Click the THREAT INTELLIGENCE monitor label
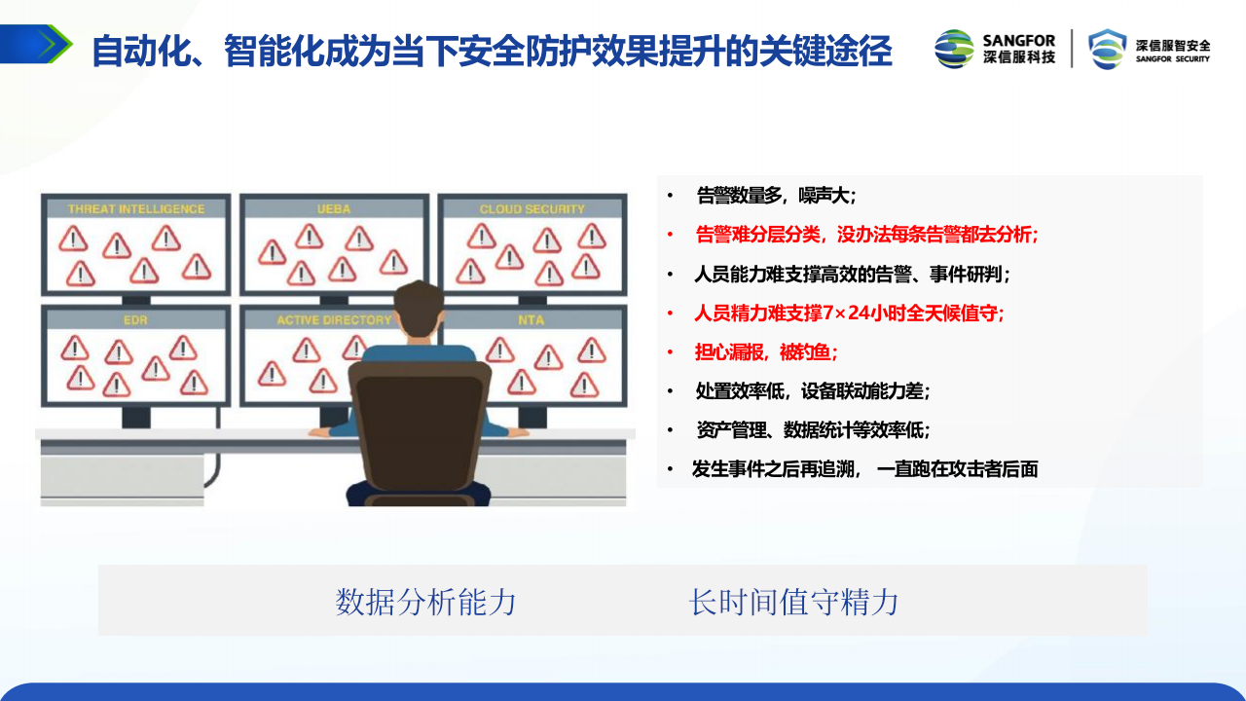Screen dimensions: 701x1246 point(136,208)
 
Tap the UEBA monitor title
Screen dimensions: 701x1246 point(334,208)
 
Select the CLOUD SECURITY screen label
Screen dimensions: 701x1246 point(531,208)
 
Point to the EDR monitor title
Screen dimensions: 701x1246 point(135,319)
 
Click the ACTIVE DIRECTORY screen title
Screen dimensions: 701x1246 point(334,319)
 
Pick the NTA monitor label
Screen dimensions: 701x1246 point(531,319)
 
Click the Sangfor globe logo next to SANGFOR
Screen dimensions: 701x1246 point(954,49)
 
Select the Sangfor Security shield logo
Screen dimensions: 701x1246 point(1108,49)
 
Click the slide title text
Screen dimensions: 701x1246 point(492,51)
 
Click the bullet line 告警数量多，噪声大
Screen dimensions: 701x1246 point(776,196)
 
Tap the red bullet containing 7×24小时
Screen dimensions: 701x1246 point(848,313)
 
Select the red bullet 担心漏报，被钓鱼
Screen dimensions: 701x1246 point(765,351)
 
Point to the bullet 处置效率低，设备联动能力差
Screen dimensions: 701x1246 point(812,390)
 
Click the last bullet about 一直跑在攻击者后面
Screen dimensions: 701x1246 point(864,468)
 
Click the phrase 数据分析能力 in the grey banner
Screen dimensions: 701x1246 point(425,602)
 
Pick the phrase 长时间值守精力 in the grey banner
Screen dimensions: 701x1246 point(793,602)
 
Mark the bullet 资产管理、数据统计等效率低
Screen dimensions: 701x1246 point(813,429)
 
